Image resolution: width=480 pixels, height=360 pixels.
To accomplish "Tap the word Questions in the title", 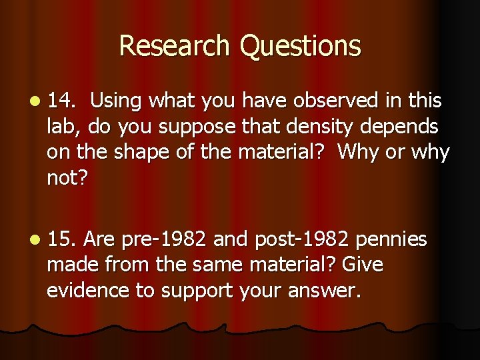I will (x=300, y=46).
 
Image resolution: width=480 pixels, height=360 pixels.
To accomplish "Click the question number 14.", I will (x=61, y=101).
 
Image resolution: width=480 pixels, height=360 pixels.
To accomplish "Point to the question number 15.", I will (x=61, y=239).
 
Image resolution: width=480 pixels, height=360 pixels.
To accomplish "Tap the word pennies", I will (x=393, y=239).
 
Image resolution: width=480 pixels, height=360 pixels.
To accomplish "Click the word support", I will (x=196, y=291).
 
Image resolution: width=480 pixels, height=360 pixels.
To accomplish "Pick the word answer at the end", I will (x=327, y=291).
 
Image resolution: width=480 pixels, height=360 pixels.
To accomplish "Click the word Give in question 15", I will (x=363, y=265).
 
